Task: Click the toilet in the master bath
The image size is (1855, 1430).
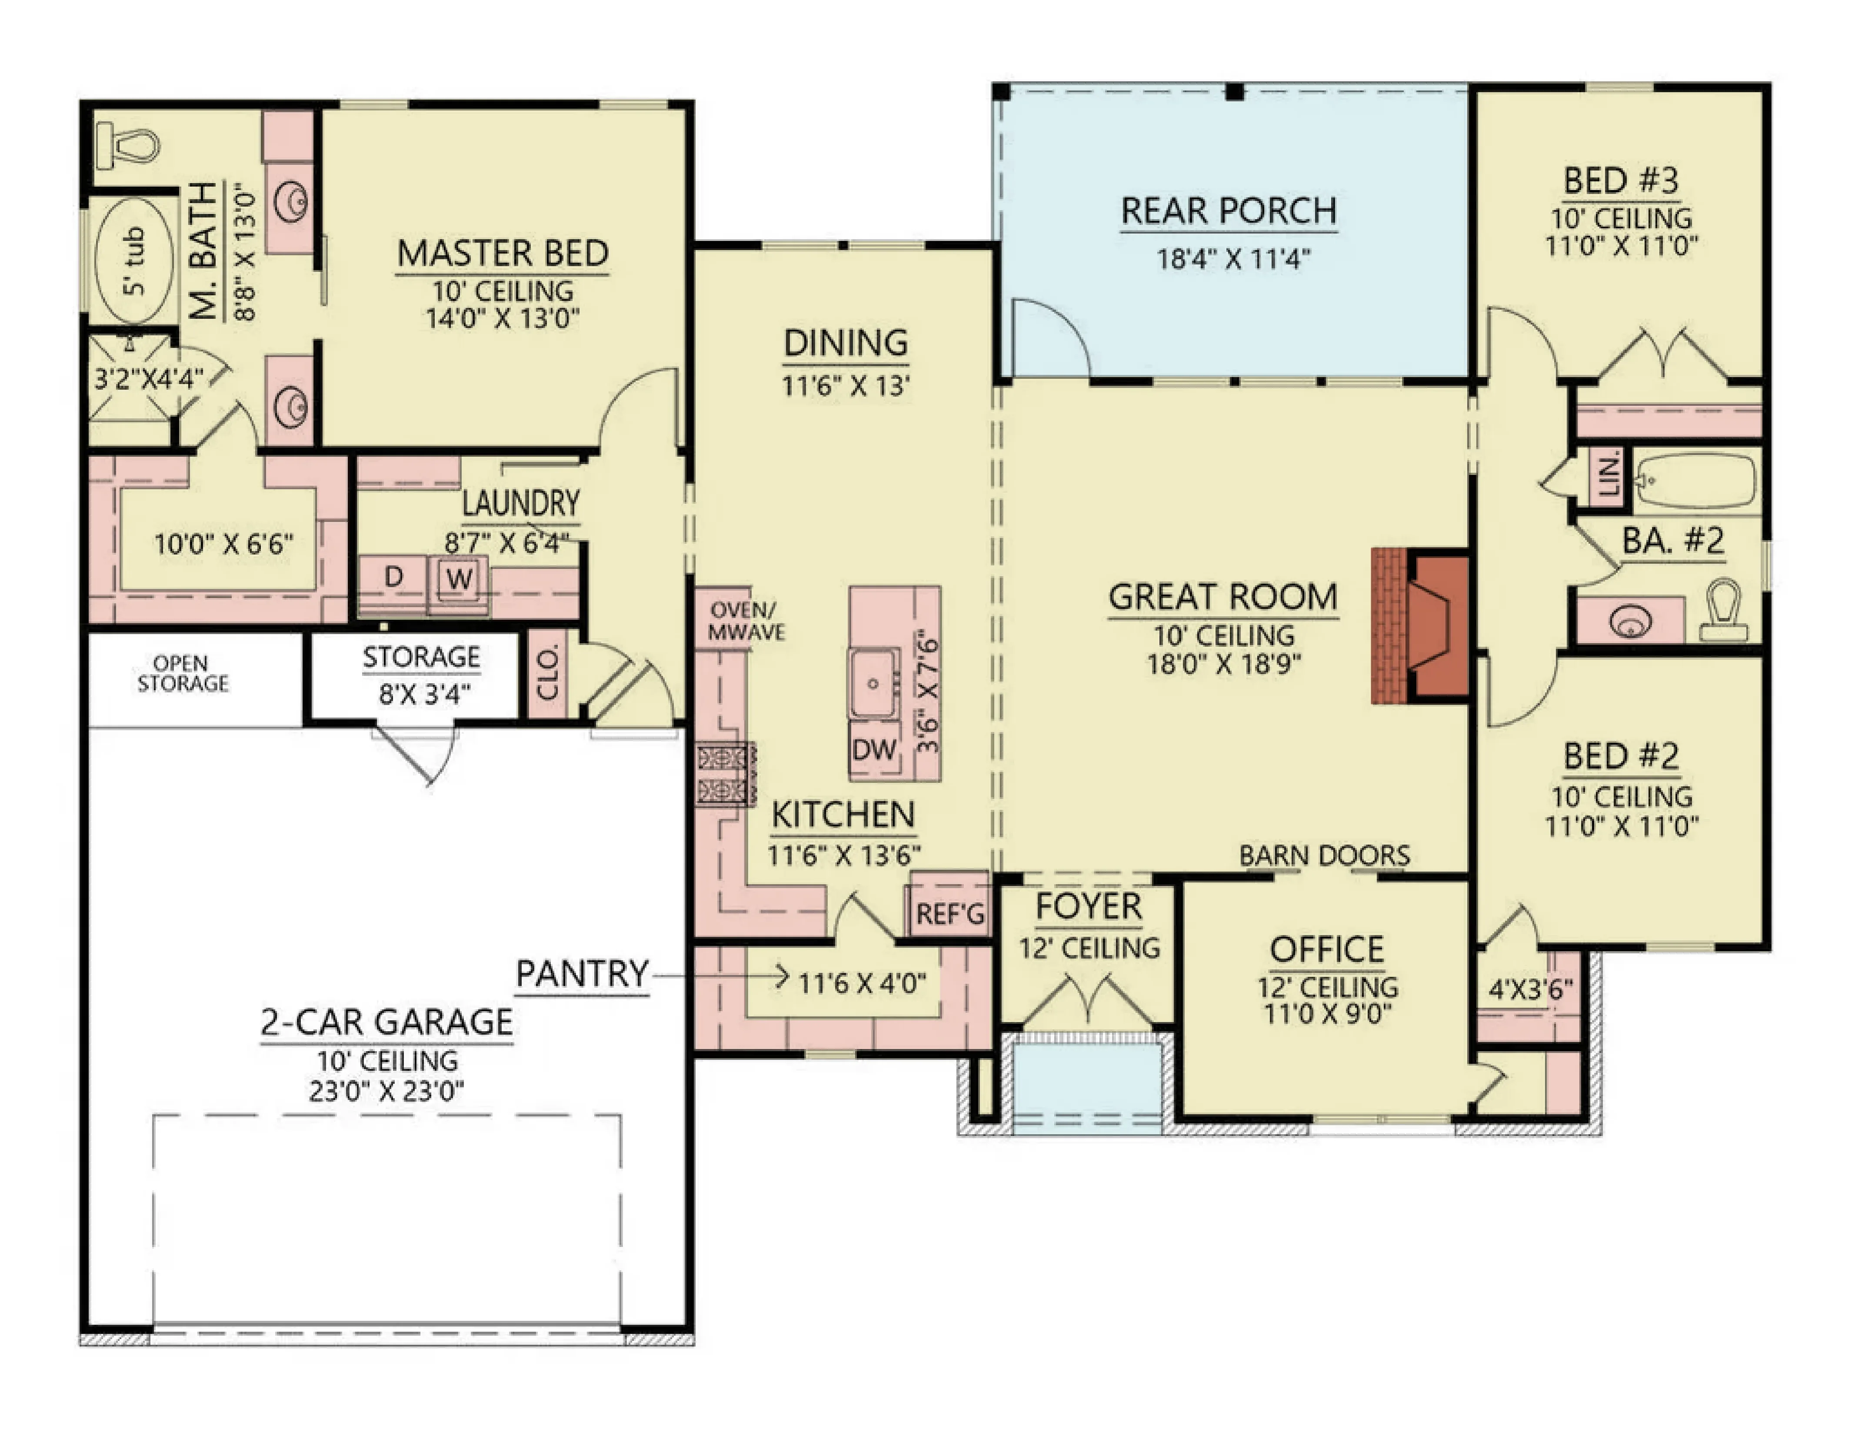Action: (x=127, y=146)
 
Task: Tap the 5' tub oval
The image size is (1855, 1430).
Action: (x=134, y=260)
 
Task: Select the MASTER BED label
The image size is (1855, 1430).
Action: (x=503, y=253)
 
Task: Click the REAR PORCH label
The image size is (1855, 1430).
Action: (x=1229, y=211)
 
